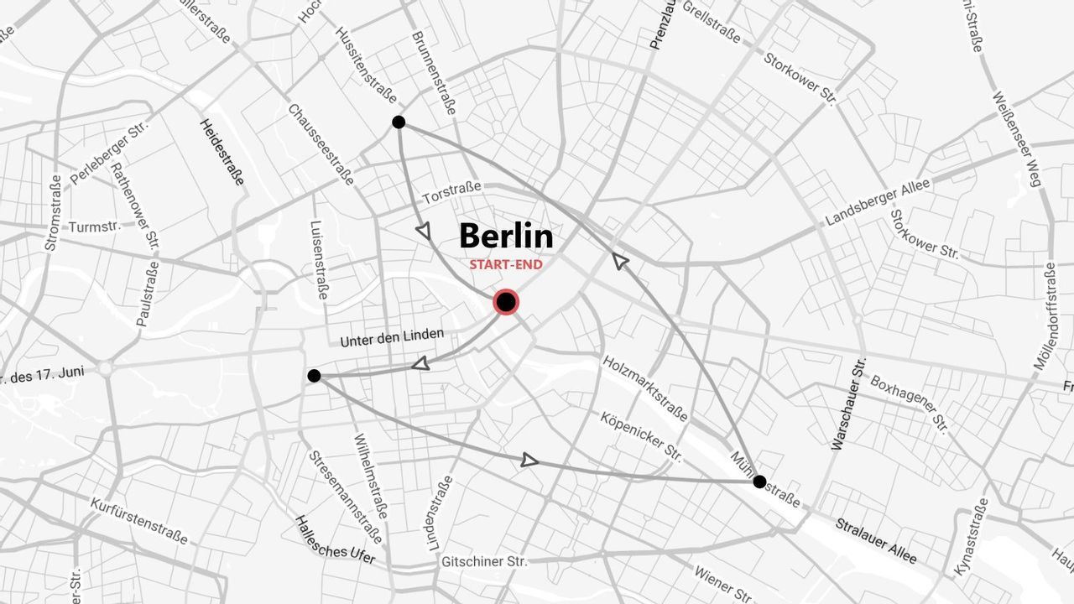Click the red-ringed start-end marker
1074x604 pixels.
(x=506, y=302)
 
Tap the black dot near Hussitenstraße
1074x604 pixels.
(x=399, y=122)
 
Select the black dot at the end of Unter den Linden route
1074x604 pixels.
(x=314, y=376)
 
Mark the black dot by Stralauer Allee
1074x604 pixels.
(x=759, y=482)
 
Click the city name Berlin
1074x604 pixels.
(x=506, y=236)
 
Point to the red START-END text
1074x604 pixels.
(x=506, y=265)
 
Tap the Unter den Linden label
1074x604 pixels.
(x=392, y=338)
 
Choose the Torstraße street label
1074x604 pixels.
(x=451, y=194)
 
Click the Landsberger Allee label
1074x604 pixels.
(x=878, y=203)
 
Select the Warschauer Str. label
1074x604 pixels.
(x=846, y=404)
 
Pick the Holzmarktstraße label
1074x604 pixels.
(x=645, y=388)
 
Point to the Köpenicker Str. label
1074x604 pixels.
(x=641, y=435)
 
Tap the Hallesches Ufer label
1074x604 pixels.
(x=335, y=539)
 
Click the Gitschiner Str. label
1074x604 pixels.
(x=484, y=561)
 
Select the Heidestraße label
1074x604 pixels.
(x=222, y=152)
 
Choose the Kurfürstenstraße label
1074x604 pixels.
(x=139, y=520)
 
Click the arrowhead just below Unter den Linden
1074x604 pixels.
(x=420, y=363)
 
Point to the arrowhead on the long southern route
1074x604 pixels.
(x=529, y=460)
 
